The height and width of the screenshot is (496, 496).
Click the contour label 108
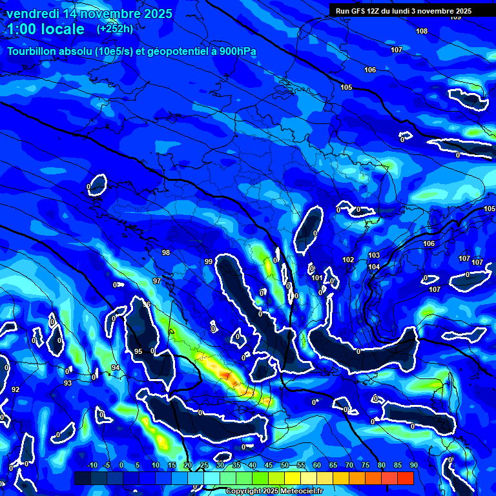click(422, 31)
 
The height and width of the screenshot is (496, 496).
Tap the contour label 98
click(166, 253)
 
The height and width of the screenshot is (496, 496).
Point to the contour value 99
click(209, 262)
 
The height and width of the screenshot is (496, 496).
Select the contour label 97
click(157, 281)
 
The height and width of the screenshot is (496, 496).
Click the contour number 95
click(138, 351)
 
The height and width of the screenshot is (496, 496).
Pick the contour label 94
click(116, 367)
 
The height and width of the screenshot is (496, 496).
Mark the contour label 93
click(68, 383)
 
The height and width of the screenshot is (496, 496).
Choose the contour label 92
click(15, 389)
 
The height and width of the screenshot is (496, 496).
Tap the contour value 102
click(349, 260)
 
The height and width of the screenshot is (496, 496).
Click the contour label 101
click(317, 278)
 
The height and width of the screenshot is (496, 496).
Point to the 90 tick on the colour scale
click(413, 465)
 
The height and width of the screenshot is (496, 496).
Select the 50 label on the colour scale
click(285, 465)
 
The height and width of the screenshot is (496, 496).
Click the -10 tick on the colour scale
click(92, 465)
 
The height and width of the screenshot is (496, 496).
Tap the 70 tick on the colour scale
click(349, 465)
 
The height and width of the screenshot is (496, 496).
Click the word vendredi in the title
click(30, 14)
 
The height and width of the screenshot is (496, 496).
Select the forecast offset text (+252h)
click(115, 28)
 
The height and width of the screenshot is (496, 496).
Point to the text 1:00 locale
click(45, 29)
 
